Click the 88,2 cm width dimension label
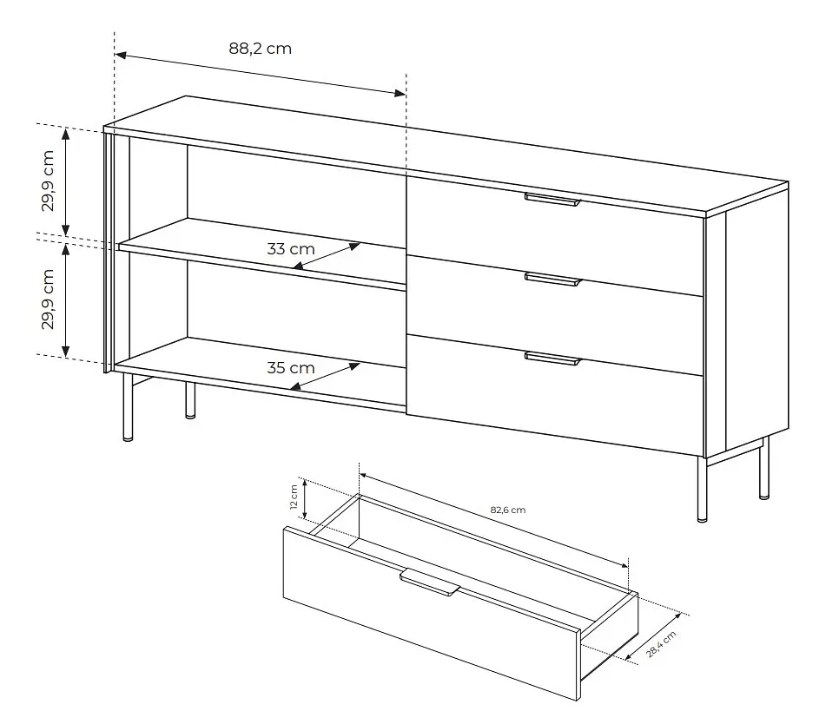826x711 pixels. tap(260, 49)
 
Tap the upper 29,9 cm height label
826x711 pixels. tap(48, 181)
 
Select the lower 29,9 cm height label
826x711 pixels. tap(48, 300)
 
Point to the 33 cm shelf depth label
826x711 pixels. tap(290, 248)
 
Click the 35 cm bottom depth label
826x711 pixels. tap(290, 367)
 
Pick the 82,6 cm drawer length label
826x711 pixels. tap(508, 510)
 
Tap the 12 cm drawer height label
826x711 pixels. tap(294, 497)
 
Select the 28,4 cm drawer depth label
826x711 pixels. tap(662, 643)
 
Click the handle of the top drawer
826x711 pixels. tap(552, 199)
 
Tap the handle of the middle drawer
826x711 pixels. tap(552, 280)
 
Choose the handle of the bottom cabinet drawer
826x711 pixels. tap(552, 359)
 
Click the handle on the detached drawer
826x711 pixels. tap(430, 583)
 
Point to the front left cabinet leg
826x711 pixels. tap(128, 406)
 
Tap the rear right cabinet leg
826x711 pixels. tap(763, 468)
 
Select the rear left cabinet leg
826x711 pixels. tap(190, 400)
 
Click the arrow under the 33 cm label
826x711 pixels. tap(327, 255)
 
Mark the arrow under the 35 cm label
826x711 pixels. tap(325, 376)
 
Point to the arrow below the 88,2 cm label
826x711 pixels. tap(261, 74)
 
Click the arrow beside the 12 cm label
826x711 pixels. tap(305, 499)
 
